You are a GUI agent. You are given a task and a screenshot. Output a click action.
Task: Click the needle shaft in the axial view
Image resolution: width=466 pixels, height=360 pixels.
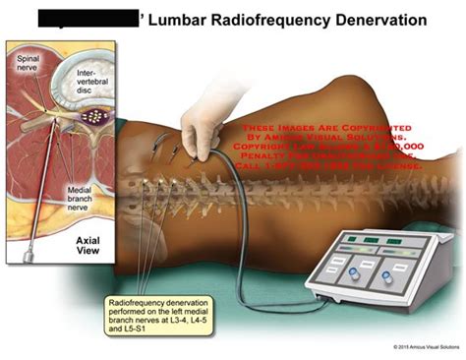(x=43, y=220)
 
